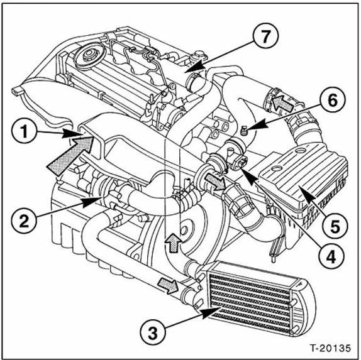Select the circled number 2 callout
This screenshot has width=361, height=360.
click(x=25, y=219)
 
